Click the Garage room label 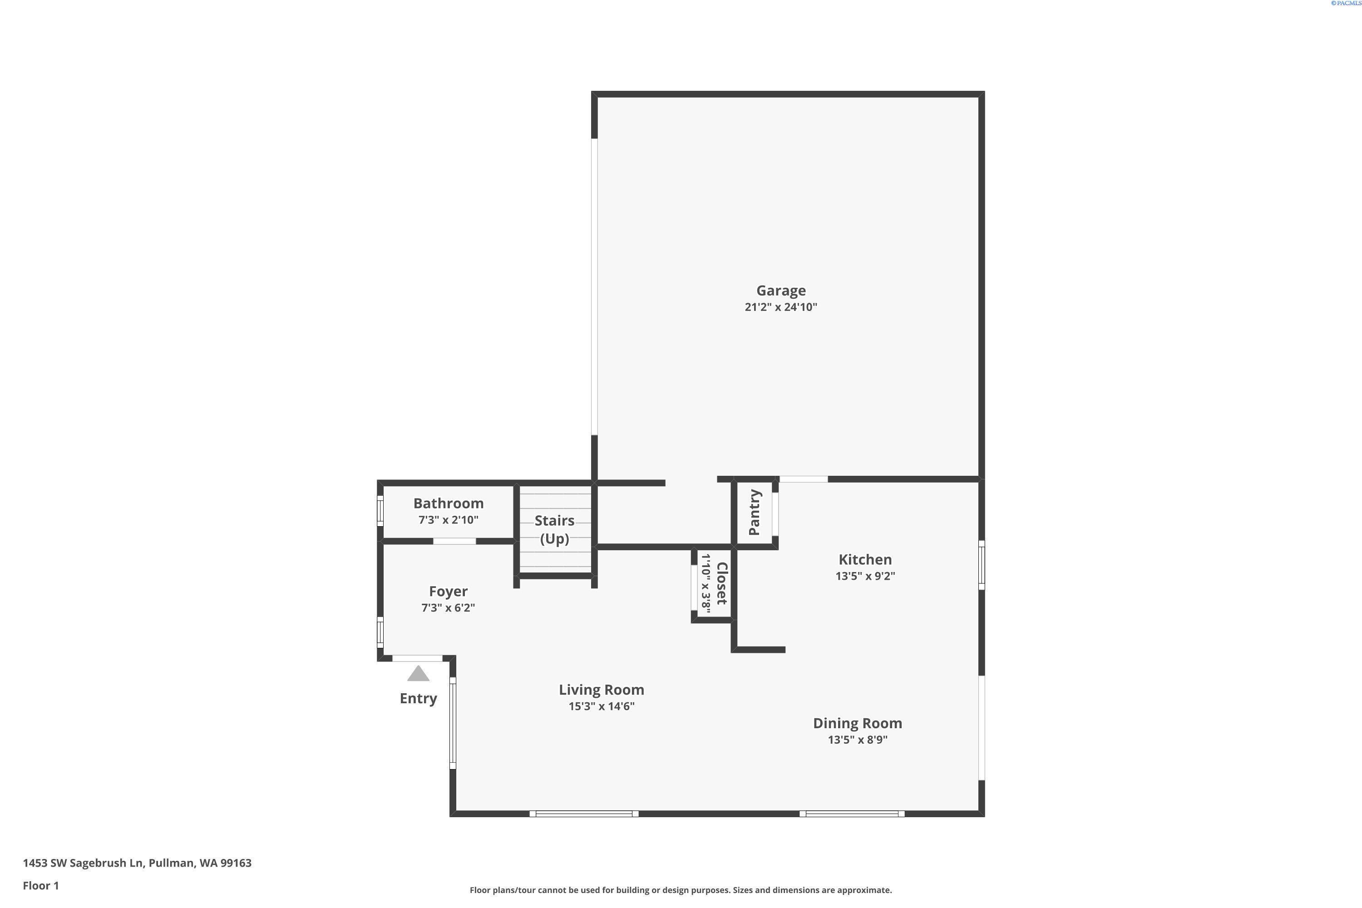(x=780, y=291)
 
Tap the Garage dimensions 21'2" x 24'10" (x=780, y=307)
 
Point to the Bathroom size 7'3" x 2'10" (x=448, y=520)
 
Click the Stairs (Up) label (x=554, y=529)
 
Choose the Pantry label (x=754, y=513)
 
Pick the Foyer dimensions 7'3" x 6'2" (x=448, y=608)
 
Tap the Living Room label (x=601, y=690)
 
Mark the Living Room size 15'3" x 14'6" (x=601, y=706)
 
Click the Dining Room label (x=857, y=724)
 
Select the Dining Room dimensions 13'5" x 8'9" (x=857, y=740)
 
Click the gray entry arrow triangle (x=418, y=674)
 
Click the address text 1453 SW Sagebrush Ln (x=83, y=864)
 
